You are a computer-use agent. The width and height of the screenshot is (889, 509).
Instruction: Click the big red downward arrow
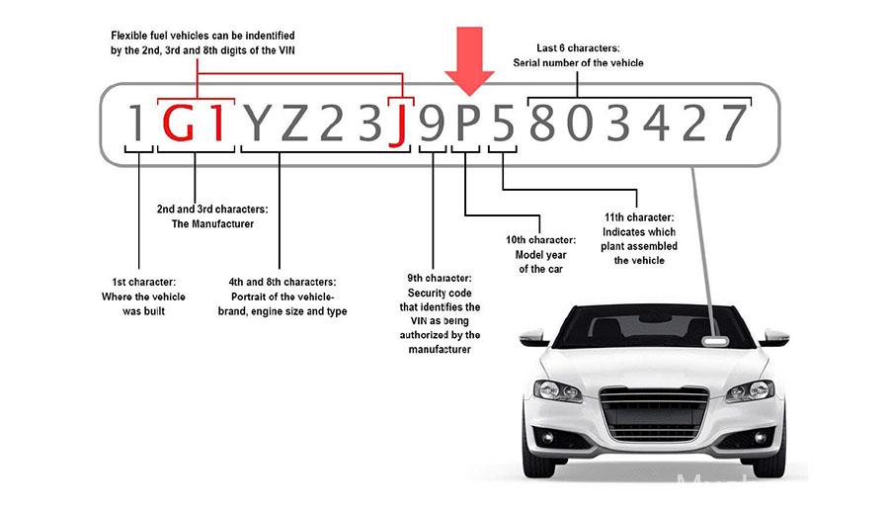(x=469, y=60)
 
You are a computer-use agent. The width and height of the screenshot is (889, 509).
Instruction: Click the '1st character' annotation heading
(x=143, y=282)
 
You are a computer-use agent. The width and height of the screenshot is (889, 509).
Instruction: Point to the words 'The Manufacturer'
(x=212, y=223)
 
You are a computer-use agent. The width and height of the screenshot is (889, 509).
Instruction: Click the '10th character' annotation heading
(x=540, y=240)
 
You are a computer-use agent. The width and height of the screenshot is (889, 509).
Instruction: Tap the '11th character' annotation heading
(x=639, y=217)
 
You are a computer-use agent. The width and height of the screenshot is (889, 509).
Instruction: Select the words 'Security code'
(x=440, y=293)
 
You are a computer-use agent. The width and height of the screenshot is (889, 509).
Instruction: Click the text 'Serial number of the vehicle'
(x=578, y=63)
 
